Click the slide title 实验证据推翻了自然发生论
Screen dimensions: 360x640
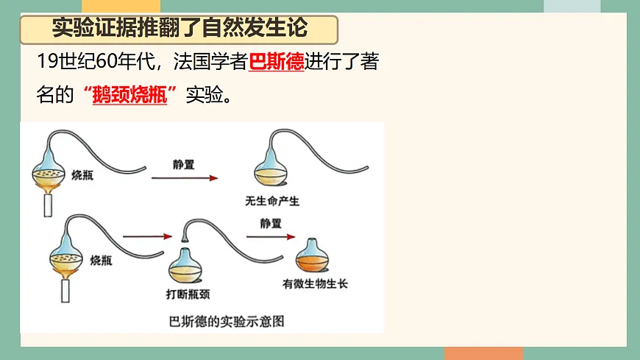pyautogui.click(x=180, y=29)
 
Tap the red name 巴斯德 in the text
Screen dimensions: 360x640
pyautogui.click(x=277, y=63)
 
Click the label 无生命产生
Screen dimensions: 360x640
pyautogui.click(x=273, y=200)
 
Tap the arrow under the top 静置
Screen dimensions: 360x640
pyautogui.click(x=185, y=178)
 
